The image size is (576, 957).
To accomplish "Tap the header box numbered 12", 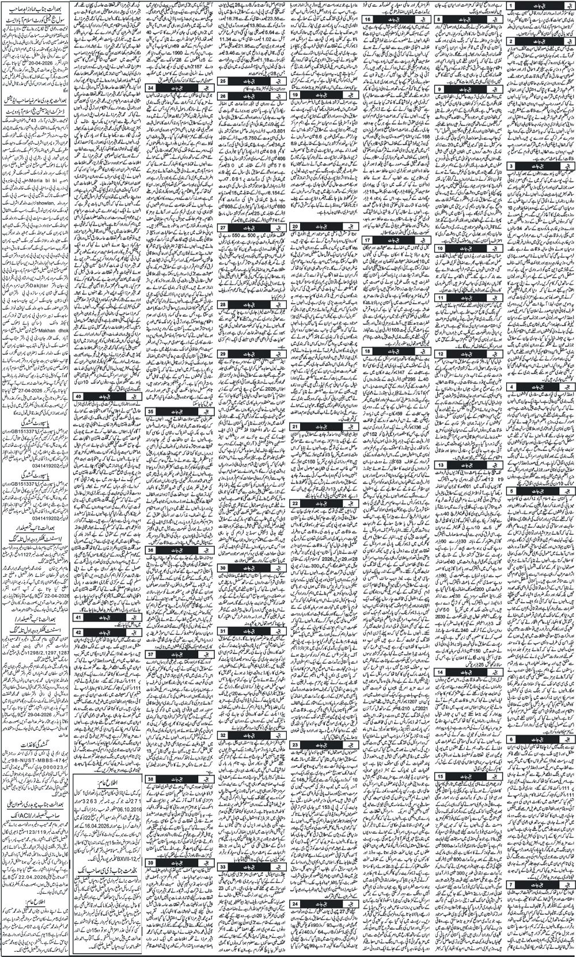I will tap(440, 354).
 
